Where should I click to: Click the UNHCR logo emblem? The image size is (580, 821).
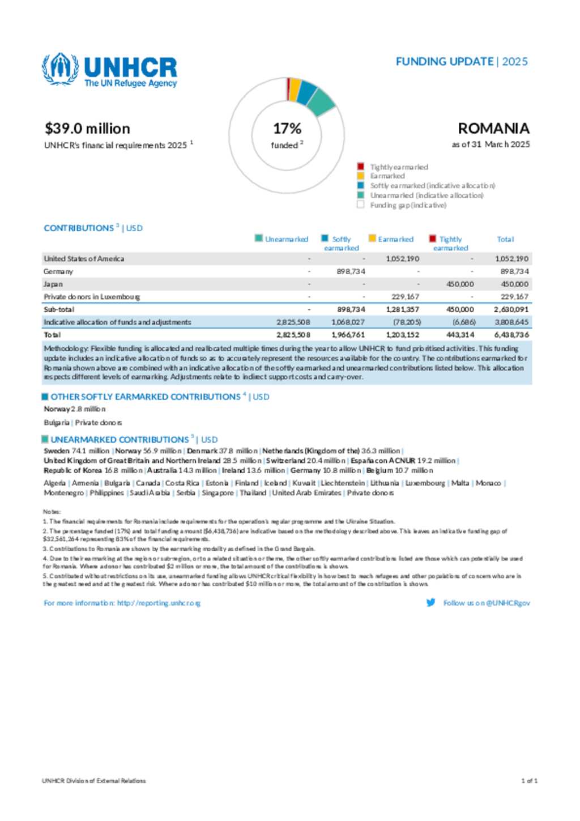click(x=60, y=69)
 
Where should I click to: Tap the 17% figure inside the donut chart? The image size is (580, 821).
click(x=287, y=129)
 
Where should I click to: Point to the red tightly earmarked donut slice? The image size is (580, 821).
click(x=288, y=88)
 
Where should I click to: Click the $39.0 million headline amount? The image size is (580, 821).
click(x=87, y=129)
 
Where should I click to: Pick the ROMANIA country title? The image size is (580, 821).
click(x=493, y=129)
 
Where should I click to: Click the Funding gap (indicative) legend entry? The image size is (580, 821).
click(x=408, y=205)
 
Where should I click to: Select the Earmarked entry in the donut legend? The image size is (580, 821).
click(x=387, y=176)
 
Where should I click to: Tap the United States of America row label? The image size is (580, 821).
click(x=84, y=259)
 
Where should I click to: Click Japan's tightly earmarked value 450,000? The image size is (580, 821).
click(x=460, y=284)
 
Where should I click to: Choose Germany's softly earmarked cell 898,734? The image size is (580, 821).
click(x=351, y=271)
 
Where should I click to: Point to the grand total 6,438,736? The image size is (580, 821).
click(x=511, y=335)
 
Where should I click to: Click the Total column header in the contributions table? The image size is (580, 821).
click(x=505, y=240)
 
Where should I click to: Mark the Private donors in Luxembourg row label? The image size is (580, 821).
click(x=92, y=297)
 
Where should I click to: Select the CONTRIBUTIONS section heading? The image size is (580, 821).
click(x=79, y=228)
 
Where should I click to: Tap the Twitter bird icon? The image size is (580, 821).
click(x=430, y=603)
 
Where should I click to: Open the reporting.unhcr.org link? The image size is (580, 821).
click(x=159, y=603)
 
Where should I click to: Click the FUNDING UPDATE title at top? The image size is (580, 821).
click(x=445, y=62)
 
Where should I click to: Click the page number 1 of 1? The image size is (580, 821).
click(x=529, y=781)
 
